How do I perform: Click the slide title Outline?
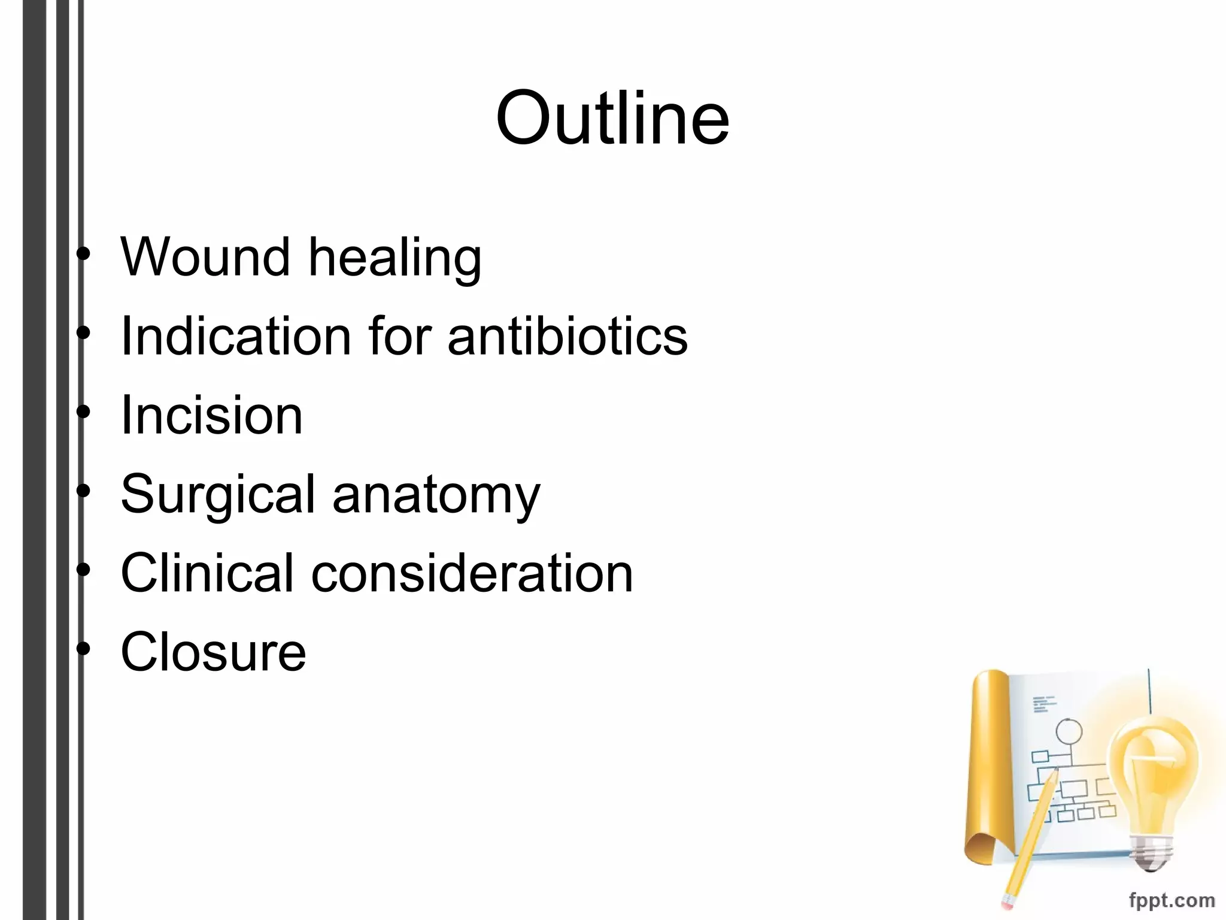point(612,117)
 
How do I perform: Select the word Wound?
point(205,257)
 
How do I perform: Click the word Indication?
point(235,336)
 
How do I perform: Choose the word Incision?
point(211,415)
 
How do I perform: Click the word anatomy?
point(436,495)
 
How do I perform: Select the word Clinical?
point(207,573)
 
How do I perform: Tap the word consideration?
point(472,573)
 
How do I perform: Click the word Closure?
point(213,652)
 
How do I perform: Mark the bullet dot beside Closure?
point(84,649)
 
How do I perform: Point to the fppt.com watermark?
point(1172,900)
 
